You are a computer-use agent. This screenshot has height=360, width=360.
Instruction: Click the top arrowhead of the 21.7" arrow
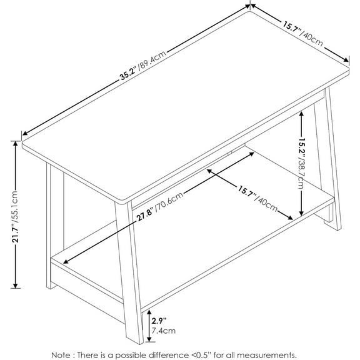click(14, 142)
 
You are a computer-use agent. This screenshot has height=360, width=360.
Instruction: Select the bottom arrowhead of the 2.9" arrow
click(149, 341)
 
